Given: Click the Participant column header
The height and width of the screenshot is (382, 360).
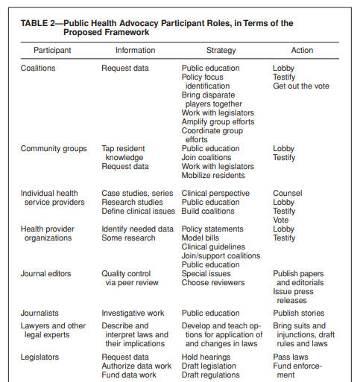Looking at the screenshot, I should pyautogui.click(x=52, y=51).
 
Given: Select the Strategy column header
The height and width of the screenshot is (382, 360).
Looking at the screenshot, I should pyautogui.click(x=221, y=51).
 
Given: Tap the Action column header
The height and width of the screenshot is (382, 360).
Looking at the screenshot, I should pyautogui.click(x=303, y=51).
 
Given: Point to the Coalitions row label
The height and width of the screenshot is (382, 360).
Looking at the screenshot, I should pyautogui.click(x=38, y=69).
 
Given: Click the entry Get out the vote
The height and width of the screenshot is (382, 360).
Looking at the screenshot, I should pyautogui.click(x=300, y=86).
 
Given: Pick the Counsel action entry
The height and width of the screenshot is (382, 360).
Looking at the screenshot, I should pyautogui.click(x=288, y=193).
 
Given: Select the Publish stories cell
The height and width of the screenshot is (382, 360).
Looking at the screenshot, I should pyautogui.click(x=299, y=313).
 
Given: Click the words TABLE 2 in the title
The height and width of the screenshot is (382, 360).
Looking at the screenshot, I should pyautogui.click(x=44, y=24).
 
